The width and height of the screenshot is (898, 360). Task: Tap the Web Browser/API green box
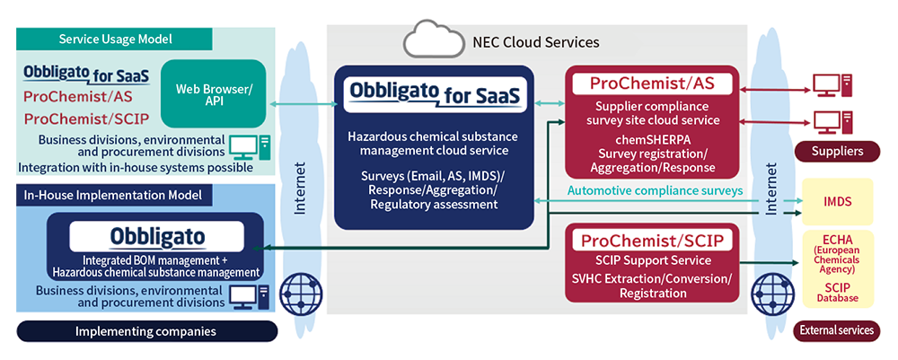(214, 93)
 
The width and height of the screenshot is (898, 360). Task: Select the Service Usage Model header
(116, 40)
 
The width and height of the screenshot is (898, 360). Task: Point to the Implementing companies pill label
(146, 331)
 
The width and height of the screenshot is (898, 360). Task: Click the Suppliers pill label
(837, 152)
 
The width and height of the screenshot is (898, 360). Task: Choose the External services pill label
(837, 330)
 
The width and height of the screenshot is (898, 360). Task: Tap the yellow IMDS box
(837, 201)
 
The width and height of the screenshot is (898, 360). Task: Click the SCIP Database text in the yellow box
(837, 292)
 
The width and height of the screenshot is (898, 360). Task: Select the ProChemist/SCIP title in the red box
(652, 241)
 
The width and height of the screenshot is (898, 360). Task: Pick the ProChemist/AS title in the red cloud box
(652, 83)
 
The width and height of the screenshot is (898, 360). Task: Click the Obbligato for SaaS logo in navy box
(434, 94)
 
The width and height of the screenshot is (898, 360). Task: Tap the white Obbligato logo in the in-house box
(156, 236)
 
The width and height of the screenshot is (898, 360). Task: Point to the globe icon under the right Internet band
(769, 294)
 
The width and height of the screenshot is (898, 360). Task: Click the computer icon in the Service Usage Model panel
(250, 148)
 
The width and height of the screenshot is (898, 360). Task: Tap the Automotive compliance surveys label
(656, 190)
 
